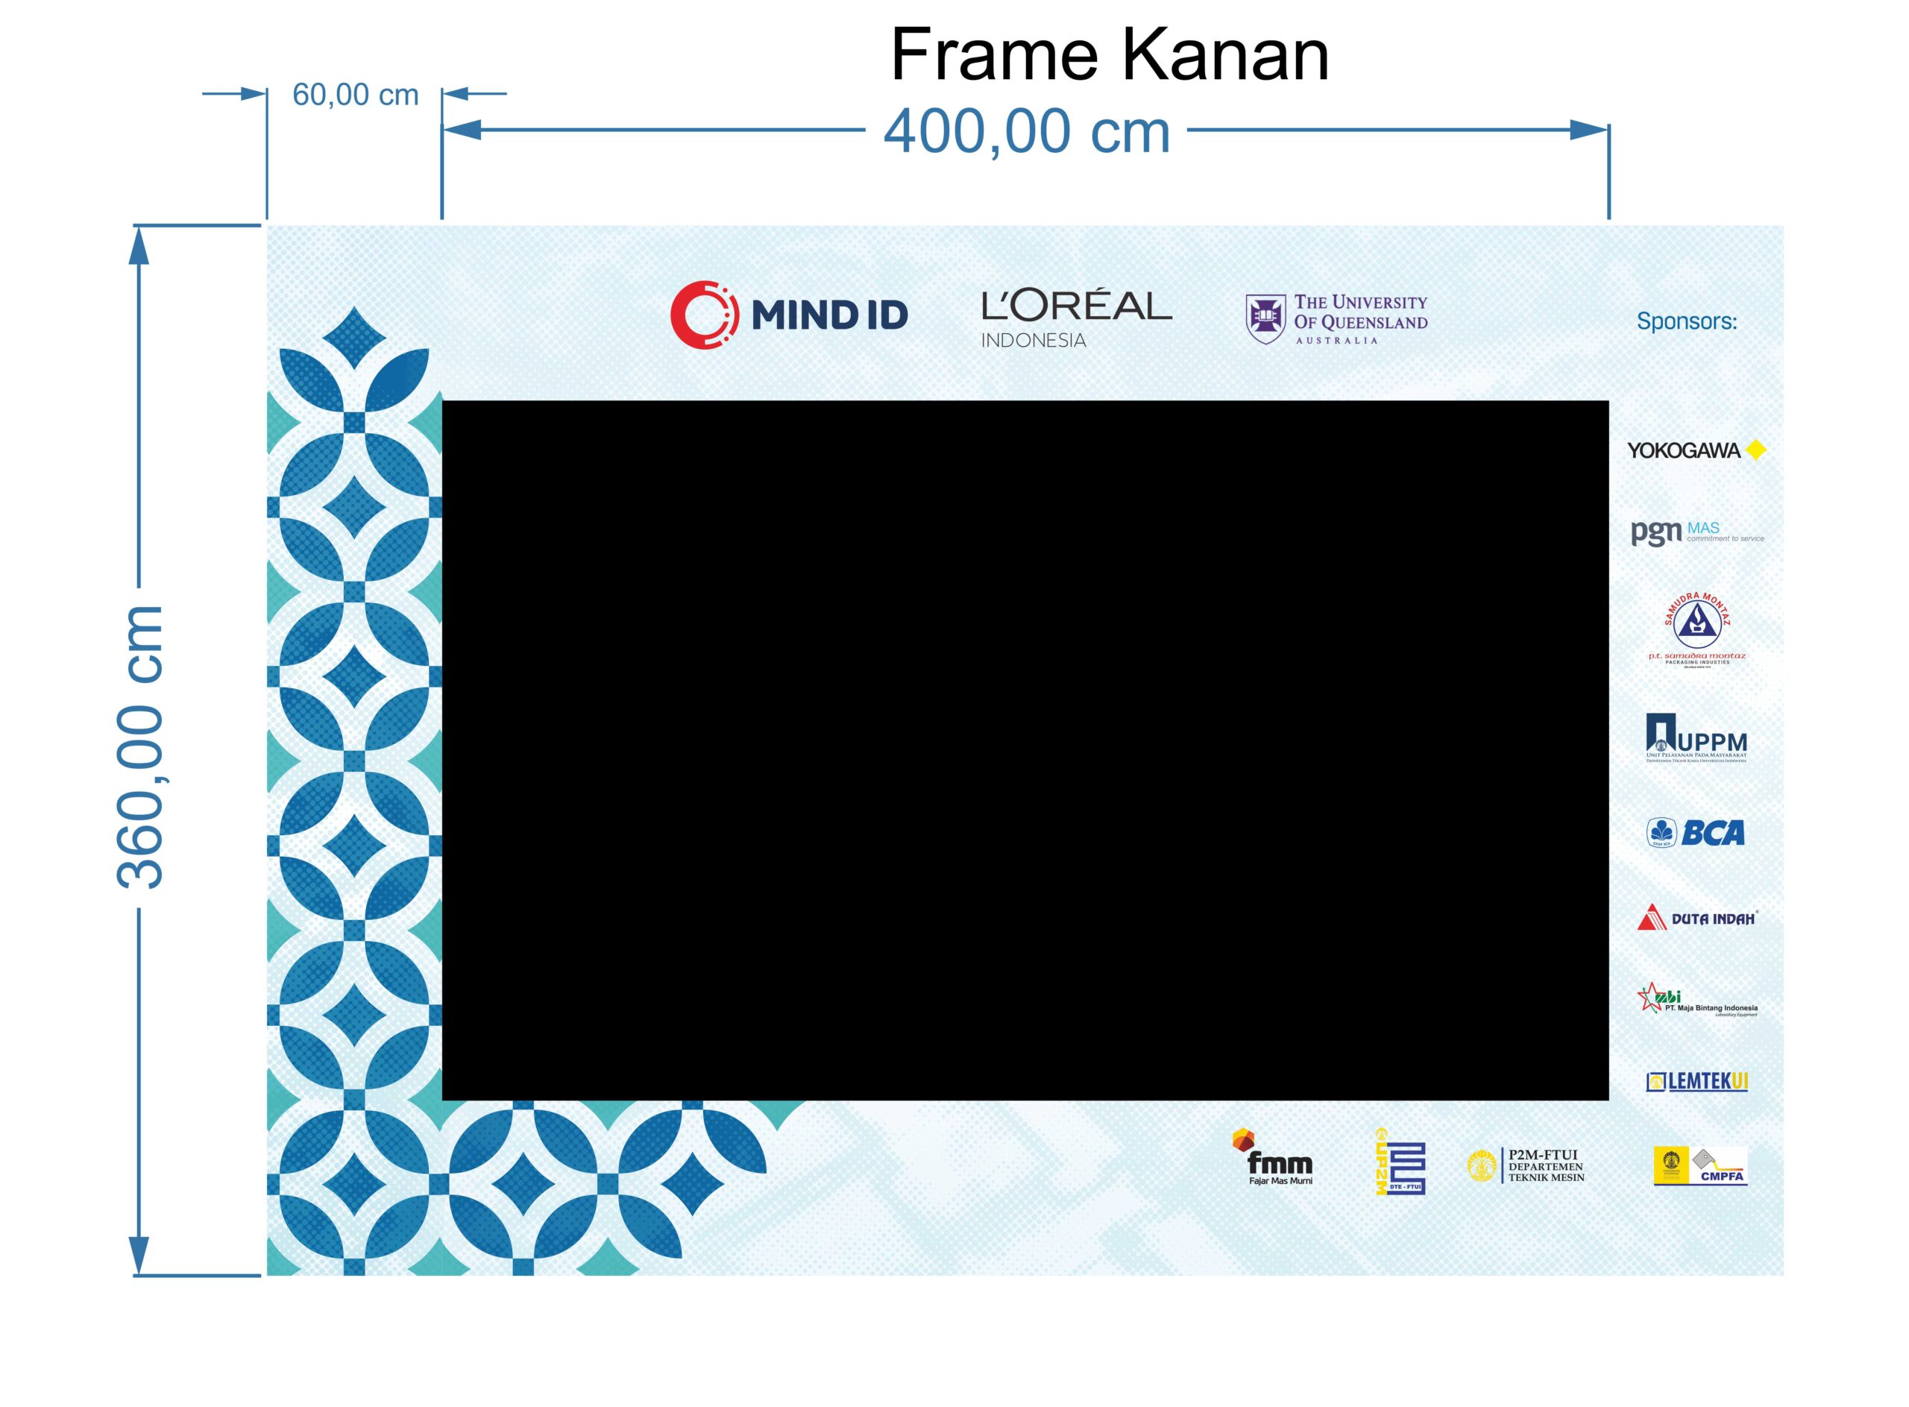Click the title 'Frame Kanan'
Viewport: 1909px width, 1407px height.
coord(1108,56)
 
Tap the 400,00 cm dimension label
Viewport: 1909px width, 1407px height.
coord(1027,132)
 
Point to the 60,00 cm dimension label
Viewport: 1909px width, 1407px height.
coord(355,95)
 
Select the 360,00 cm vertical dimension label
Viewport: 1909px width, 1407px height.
coord(140,747)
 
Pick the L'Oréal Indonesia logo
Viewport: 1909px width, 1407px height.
coord(1076,318)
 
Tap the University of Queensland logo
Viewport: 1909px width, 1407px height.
coord(1336,318)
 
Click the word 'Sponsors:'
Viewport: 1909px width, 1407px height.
coord(1686,321)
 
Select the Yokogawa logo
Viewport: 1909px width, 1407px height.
coord(1695,450)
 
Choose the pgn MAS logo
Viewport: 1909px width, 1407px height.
coord(1696,532)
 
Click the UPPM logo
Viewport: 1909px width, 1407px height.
coord(1695,737)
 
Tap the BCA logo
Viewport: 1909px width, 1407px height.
coord(1695,832)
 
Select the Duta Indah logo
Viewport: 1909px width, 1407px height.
coord(1696,917)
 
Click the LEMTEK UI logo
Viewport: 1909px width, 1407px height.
coord(1696,1081)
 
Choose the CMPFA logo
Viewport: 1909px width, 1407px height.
coord(1699,1166)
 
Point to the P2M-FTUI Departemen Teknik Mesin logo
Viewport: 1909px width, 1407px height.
coord(1526,1165)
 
